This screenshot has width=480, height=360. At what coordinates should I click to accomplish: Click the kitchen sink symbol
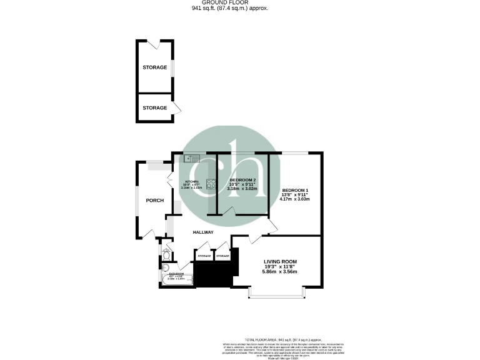tap(191, 157)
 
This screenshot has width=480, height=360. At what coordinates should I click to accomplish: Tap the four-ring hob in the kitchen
tap(212, 184)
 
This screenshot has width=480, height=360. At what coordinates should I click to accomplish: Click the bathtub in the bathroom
tap(176, 276)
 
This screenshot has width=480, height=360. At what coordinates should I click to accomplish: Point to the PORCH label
tap(154, 201)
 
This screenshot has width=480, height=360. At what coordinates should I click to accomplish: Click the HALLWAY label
tap(203, 232)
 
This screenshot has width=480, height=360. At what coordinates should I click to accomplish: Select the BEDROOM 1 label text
tap(295, 190)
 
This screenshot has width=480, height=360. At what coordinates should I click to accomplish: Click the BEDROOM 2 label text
tap(242, 179)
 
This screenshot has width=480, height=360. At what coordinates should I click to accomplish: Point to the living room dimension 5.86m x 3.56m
tap(279, 271)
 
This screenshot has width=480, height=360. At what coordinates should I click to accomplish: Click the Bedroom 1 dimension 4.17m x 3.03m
tap(295, 199)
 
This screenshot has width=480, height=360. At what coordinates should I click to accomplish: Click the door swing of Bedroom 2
tap(229, 212)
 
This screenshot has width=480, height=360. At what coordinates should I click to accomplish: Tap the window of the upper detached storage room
tap(172, 67)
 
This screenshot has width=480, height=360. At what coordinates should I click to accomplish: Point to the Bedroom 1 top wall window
tap(294, 152)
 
